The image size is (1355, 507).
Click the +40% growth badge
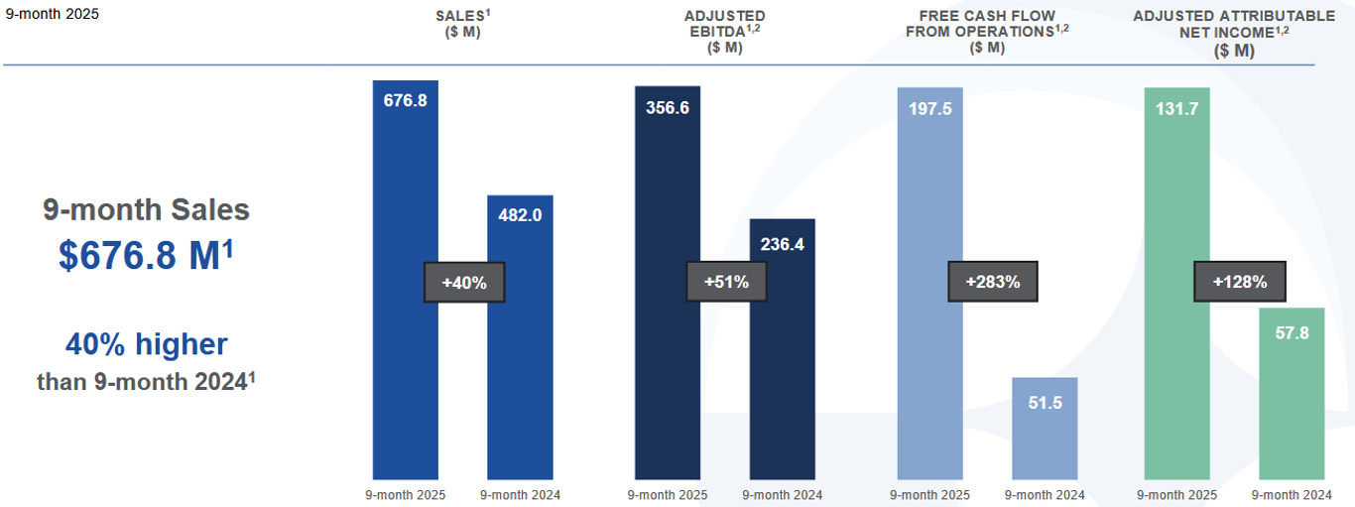coord(464,283)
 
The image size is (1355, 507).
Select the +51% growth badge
coord(726,282)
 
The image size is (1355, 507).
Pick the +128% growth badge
coord(1239,282)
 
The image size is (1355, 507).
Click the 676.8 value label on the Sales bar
coord(405,101)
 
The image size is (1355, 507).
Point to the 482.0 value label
coord(520,215)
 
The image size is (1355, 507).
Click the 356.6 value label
coord(667,108)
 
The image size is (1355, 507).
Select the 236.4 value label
coord(782,244)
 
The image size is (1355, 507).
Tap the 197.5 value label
coord(929,108)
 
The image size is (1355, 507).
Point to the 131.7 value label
coord(1176,108)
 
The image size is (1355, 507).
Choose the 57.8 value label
coord(1292,333)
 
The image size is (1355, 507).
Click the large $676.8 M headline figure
coord(146,255)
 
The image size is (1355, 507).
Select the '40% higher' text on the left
coord(146,344)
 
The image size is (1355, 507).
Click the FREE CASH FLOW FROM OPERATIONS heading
coord(987,31)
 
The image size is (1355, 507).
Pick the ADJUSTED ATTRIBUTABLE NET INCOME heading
coord(1233,33)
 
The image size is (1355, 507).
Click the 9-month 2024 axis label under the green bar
coord(1292,495)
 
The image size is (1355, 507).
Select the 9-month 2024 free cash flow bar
coord(1045,437)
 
